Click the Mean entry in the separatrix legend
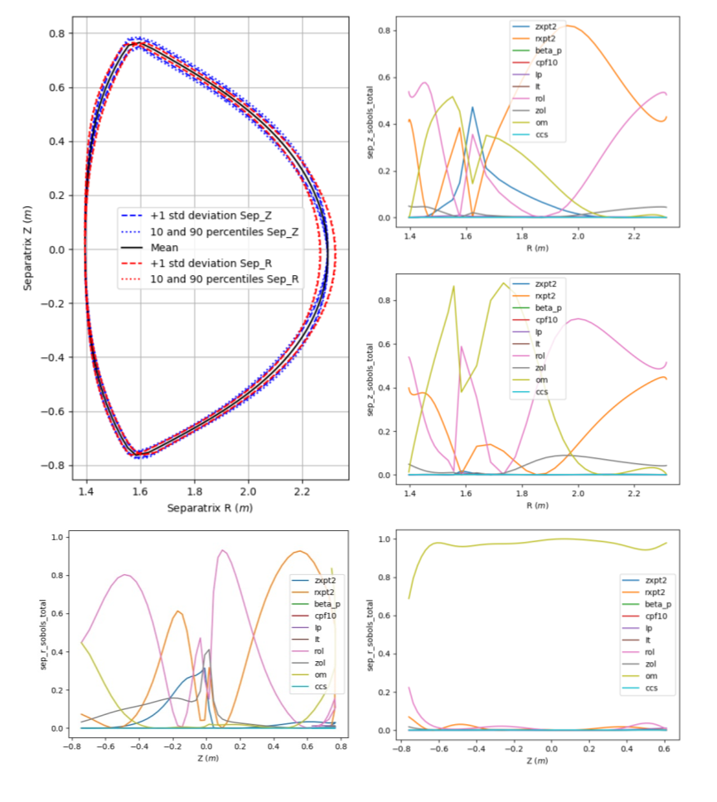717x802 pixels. [x=166, y=248]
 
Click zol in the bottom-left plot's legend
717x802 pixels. [x=320, y=663]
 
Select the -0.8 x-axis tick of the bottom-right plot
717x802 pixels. [x=401, y=748]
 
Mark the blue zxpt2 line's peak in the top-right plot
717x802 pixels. [x=472, y=107]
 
